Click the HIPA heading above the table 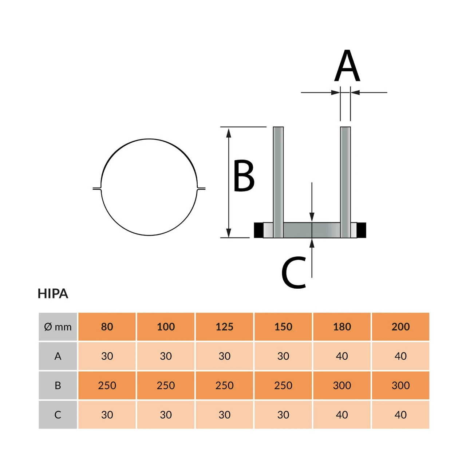53,293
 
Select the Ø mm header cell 58,327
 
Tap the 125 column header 224,327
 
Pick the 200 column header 400,327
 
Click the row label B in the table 58,386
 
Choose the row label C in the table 58,415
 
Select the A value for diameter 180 342,356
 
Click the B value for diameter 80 107,386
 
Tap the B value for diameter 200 400,386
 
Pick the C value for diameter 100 166,415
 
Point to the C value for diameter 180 342,415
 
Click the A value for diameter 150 283,356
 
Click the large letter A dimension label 347,66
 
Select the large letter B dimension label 244,175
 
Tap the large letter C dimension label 294,272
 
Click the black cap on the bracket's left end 258,230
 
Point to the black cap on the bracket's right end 362,230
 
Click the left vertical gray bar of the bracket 278,175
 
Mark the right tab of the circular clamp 201,188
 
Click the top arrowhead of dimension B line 229,133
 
